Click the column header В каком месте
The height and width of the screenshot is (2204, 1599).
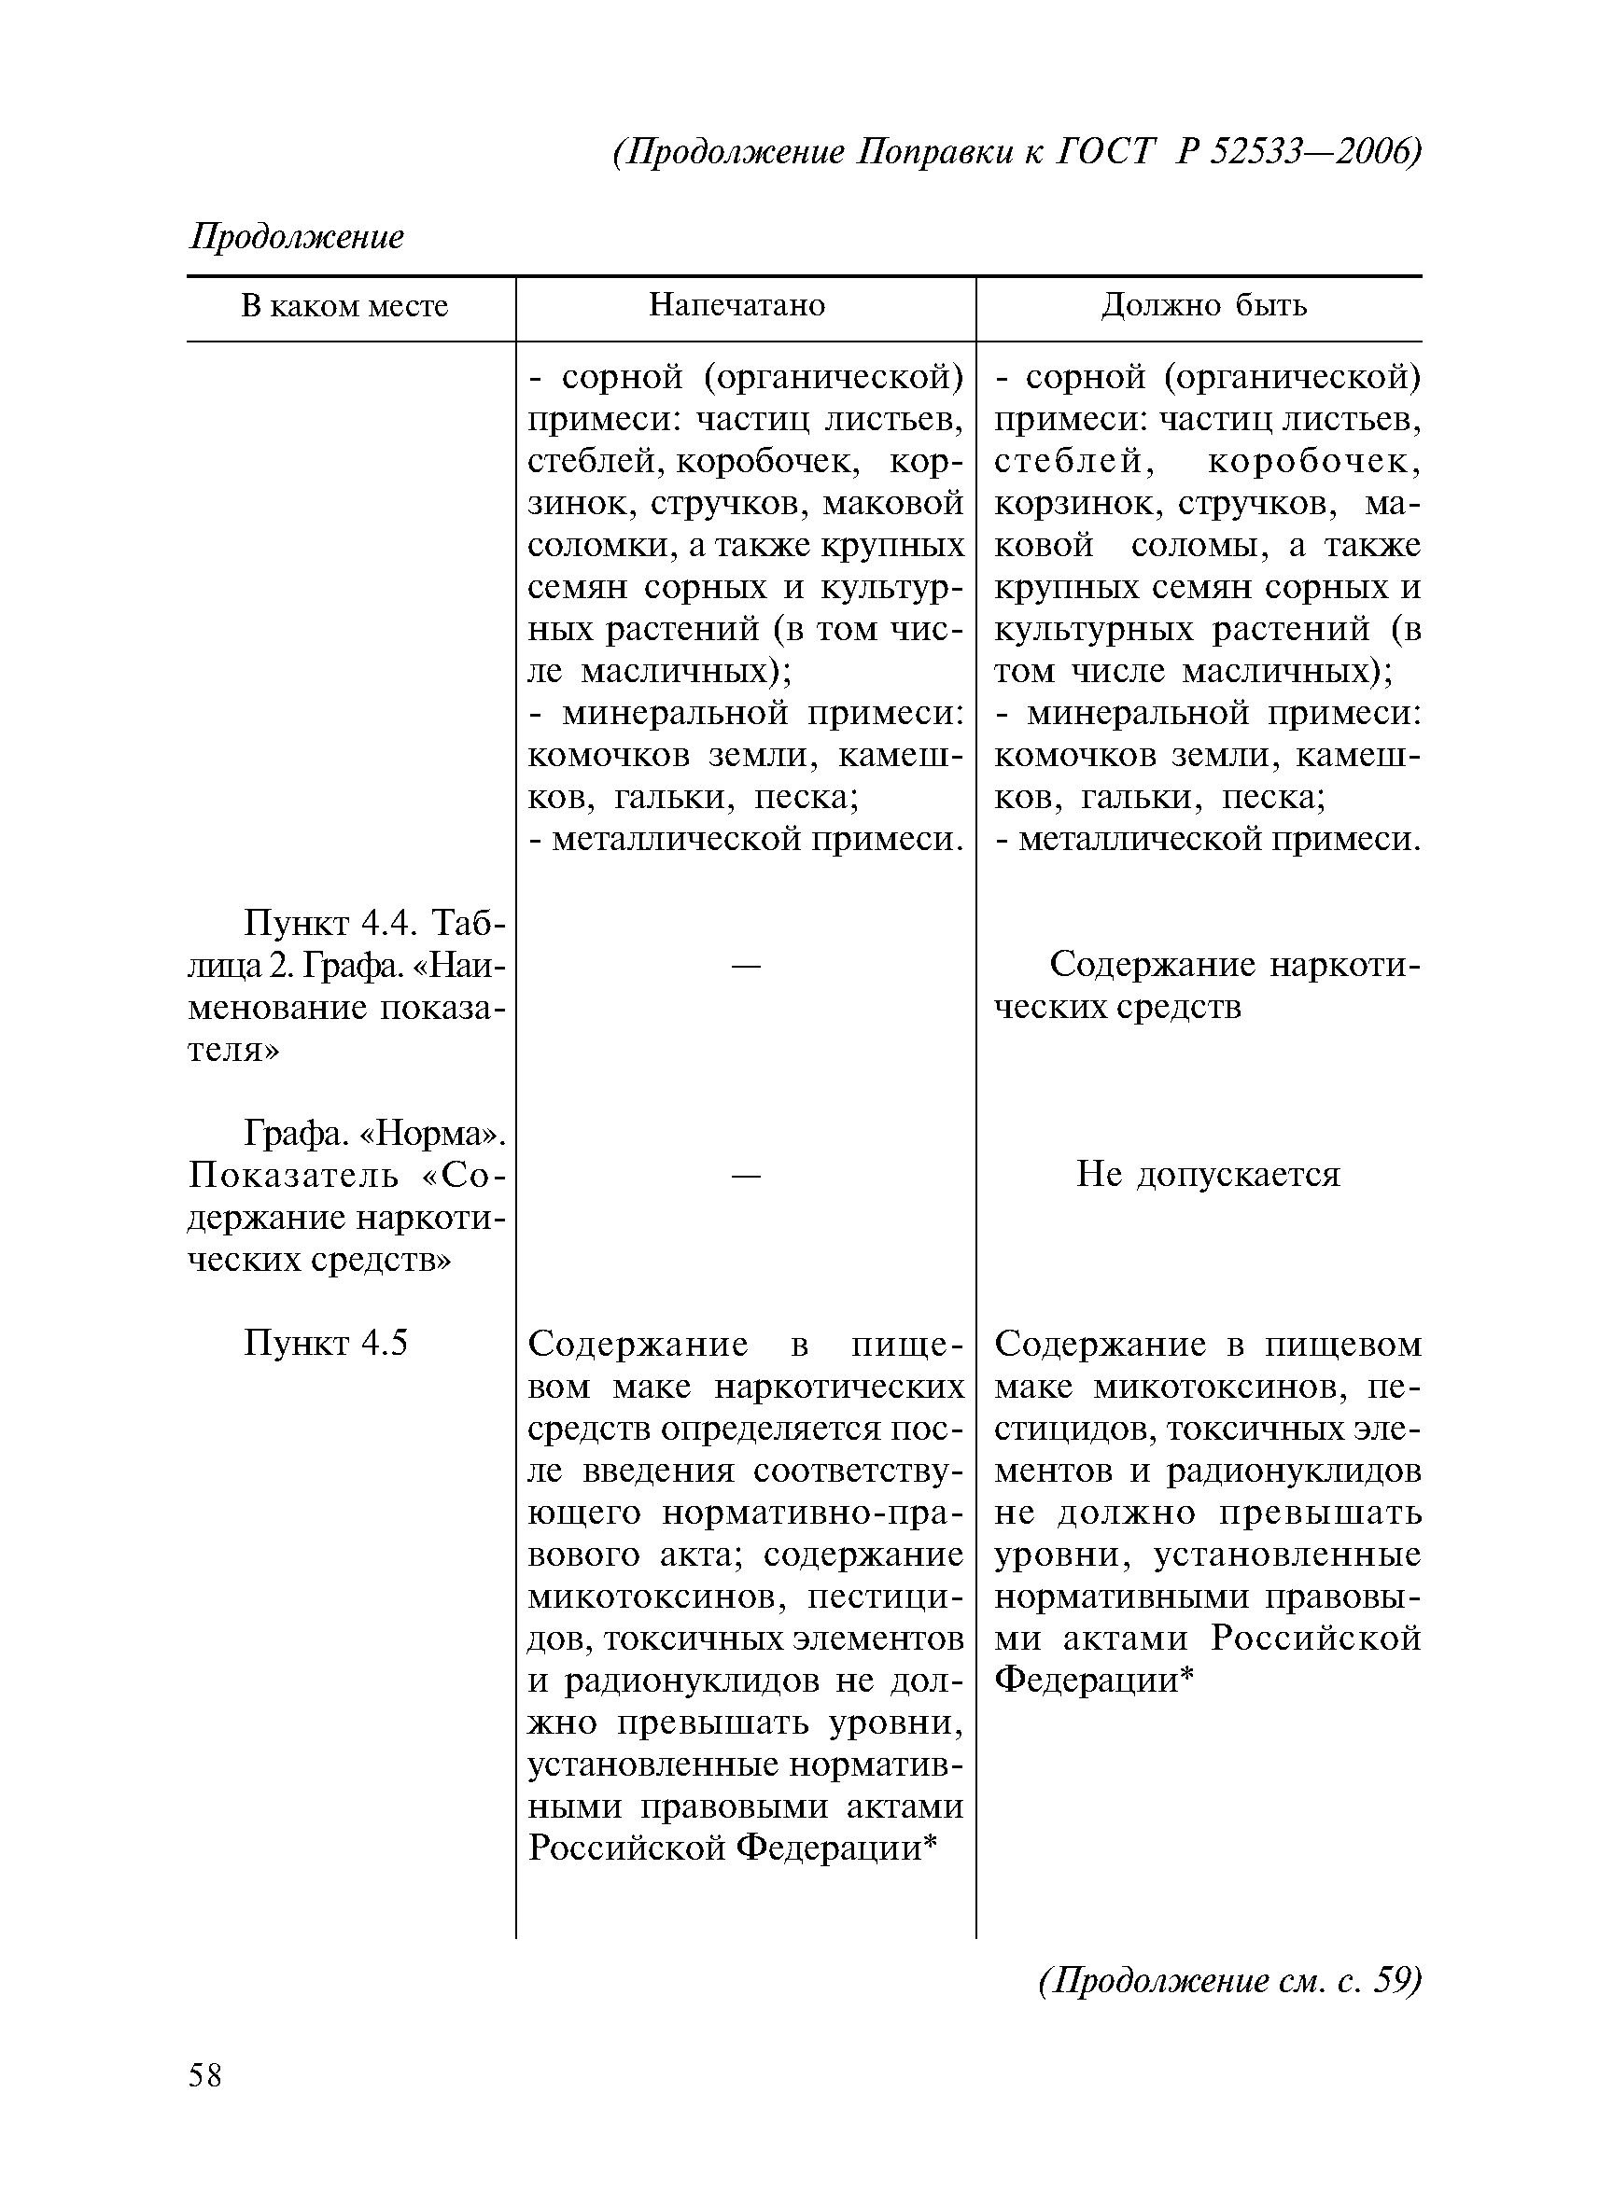344,306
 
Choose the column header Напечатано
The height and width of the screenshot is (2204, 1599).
736,305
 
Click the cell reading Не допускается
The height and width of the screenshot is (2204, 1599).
1207,1175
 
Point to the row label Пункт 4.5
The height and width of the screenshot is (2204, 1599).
325,1343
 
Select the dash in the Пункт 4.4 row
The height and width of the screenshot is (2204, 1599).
746,965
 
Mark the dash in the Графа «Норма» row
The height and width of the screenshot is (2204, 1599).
746,1175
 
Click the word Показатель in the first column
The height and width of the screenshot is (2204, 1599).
293,1176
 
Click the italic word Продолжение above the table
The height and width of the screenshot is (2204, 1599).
297,236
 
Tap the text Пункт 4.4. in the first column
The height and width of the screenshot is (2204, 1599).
332,922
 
